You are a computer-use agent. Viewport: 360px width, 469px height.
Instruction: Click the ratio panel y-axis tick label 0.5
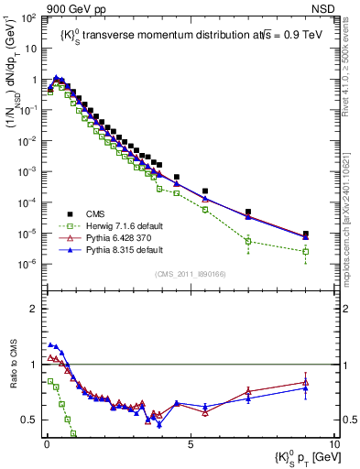click(30, 420)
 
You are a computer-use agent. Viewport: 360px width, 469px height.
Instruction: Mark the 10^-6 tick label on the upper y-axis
click(28, 264)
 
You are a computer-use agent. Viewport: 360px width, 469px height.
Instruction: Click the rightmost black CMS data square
click(306, 234)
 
